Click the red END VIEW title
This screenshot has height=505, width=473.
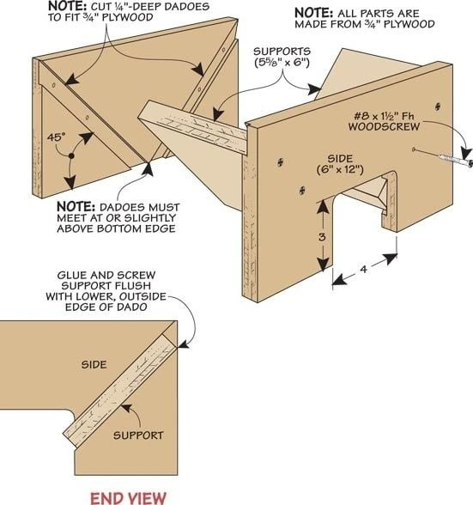tap(128, 498)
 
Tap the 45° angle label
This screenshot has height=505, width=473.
tap(56, 137)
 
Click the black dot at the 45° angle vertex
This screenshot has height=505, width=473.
tap(71, 156)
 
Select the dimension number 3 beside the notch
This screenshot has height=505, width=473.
tap(322, 237)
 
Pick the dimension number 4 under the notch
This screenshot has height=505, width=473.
tap(363, 269)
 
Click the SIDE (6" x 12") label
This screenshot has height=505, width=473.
tap(340, 164)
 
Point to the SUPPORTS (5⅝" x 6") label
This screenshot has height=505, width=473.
tap(282, 57)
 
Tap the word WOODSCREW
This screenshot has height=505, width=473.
tap(384, 126)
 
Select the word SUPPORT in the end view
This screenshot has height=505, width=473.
tap(138, 435)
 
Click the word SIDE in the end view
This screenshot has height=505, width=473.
tap(94, 365)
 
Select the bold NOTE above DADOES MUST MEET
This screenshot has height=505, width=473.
tap(76, 206)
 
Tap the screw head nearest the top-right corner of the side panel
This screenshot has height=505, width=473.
tap(438, 106)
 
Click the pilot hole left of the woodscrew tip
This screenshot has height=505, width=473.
tap(414, 149)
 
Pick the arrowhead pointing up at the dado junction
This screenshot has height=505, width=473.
tap(148, 168)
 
